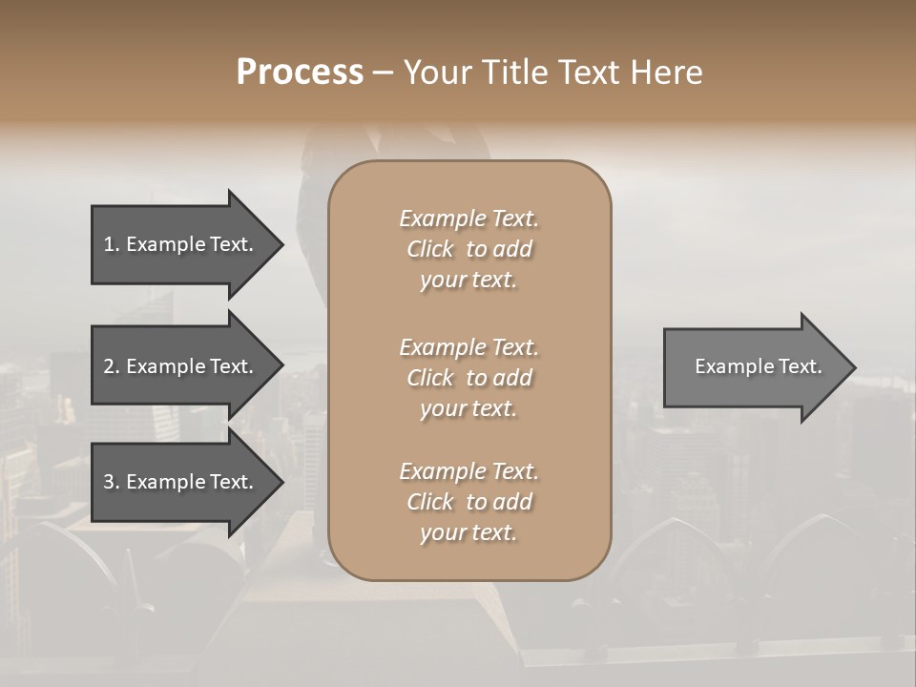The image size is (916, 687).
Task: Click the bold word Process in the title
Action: [300, 73]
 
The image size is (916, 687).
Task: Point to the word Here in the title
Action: [668, 73]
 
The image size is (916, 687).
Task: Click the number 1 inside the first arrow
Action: [109, 244]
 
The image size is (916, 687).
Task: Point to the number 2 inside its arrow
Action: [109, 366]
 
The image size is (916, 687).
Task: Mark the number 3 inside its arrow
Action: [109, 482]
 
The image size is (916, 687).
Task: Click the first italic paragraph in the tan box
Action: [468, 249]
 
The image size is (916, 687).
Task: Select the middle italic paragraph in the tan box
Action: [468, 378]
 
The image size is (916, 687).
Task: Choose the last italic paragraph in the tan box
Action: [468, 502]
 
